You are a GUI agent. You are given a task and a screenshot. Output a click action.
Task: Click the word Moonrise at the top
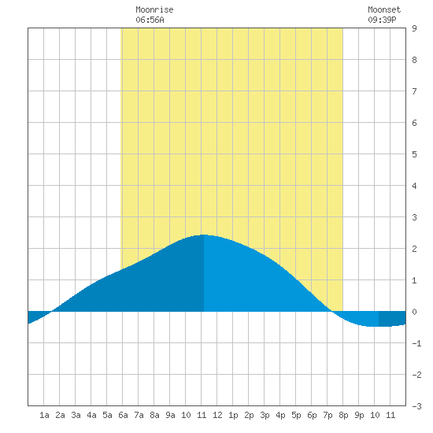pos(154,9)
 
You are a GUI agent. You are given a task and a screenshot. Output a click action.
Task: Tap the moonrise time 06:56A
pos(150,20)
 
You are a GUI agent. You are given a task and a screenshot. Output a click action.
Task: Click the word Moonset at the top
pos(384,9)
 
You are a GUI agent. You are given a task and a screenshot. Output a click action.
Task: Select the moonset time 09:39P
pos(382,20)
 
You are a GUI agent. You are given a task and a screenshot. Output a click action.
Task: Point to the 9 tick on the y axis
pos(414,28)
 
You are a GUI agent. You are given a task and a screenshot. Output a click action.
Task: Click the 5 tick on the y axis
pos(414,154)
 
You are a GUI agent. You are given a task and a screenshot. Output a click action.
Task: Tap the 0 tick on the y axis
pos(414,312)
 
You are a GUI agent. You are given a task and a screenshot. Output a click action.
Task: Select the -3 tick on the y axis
pos(416,406)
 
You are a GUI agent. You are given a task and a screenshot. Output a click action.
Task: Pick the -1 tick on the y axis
pos(416,343)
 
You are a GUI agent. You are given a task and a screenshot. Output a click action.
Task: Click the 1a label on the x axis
pos(44,415)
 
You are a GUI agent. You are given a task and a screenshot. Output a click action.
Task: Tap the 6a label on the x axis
pos(123,415)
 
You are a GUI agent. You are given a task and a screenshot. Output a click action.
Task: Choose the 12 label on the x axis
pos(217,415)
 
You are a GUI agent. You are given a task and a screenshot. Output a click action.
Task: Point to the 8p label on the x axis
pos(343,415)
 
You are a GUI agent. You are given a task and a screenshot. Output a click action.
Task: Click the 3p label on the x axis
pos(265,415)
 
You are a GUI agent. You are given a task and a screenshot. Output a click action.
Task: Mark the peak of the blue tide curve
pos(204,235)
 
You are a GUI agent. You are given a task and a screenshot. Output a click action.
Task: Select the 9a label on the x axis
pos(170,415)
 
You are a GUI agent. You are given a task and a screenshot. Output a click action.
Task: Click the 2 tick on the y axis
pos(414,249)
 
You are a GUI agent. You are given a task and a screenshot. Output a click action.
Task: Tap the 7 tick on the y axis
pos(414,91)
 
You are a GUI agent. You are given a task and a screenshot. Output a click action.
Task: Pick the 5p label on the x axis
pos(296,415)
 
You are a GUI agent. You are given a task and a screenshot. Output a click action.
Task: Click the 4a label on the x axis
pos(91,415)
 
